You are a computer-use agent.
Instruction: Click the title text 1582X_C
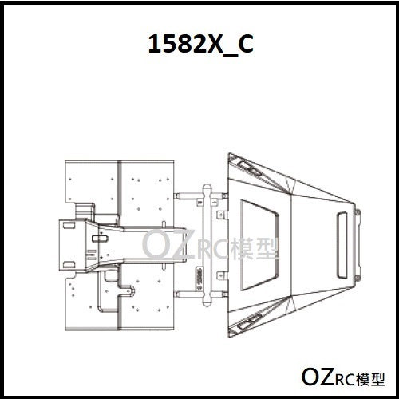click(200, 45)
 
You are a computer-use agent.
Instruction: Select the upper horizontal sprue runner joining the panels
click(192, 193)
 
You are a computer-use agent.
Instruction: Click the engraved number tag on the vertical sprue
click(198, 276)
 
